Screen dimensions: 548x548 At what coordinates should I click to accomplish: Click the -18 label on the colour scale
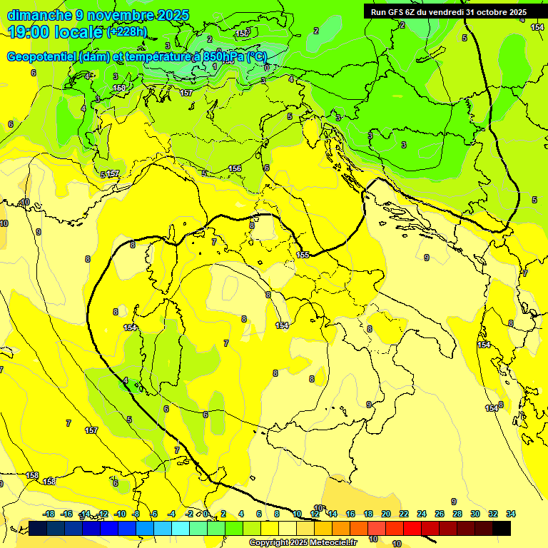click(x=49, y=514)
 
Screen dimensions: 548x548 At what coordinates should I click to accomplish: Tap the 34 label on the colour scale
click(x=511, y=514)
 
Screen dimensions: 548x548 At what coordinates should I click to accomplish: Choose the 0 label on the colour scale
click(x=205, y=514)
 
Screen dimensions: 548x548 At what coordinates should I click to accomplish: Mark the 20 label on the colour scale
click(x=386, y=514)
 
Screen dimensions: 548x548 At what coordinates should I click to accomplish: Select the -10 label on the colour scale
click(x=120, y=514)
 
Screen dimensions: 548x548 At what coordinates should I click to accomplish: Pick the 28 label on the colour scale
click(x=457, y=514)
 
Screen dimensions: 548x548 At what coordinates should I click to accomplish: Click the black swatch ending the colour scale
click(x=502, y=528)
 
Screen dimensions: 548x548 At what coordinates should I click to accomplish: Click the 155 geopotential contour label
click(x=303, y=255)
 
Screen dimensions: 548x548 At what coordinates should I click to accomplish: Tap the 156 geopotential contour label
click(x=235, y=168)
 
